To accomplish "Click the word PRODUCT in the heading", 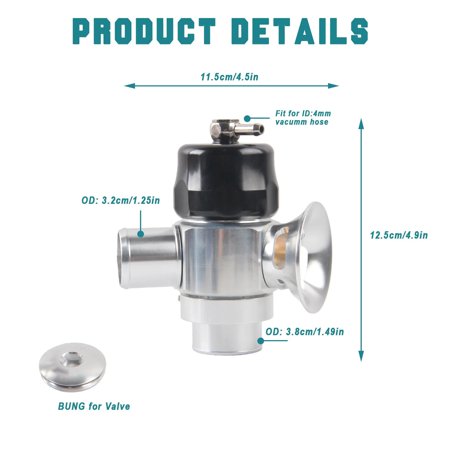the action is coord(144,31).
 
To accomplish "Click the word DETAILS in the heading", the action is coord(300,31).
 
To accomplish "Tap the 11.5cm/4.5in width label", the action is coord(229,77).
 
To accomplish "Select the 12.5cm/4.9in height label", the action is coord(399,235).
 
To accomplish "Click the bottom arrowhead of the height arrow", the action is coord(361,356).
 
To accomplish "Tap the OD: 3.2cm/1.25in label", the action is coord(121,201).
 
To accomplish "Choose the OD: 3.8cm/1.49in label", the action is coord(305,332).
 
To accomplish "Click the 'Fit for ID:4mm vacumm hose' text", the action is coord(303,117).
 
